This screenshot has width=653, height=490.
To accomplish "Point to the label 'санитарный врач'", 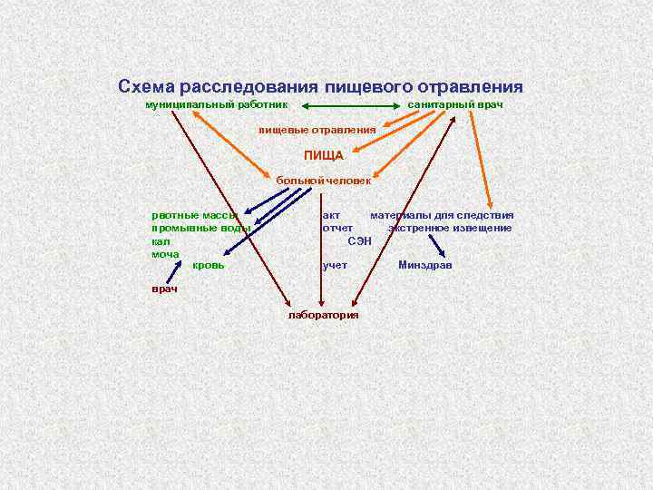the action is click(455, 105).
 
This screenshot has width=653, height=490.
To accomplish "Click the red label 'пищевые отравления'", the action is click(317, 130).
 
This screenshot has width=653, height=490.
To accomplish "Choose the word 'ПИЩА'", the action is click(324, 155).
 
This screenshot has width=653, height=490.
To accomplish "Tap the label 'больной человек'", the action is click(324, 181).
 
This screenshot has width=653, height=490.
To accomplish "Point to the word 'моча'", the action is click(165, 254).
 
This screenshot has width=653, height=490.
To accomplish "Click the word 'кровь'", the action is click(209, 265).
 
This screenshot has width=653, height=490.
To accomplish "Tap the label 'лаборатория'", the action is click(323, 315).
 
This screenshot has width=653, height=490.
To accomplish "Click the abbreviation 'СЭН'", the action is click(360, 240).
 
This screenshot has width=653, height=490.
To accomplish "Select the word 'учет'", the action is click(335, 265).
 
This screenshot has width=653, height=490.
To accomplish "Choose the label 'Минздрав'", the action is click(424, 265).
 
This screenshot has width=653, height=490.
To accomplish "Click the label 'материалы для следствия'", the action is click(442, 215).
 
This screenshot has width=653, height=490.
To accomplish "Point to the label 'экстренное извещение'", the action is click(450, 228).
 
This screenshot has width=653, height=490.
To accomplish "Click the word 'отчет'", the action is click(337, 228).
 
